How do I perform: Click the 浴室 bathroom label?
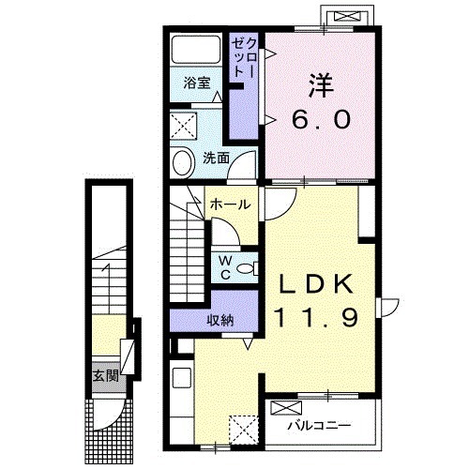pos(197,83)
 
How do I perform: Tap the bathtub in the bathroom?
pos(196,50)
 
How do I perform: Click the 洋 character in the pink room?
pos(321,85)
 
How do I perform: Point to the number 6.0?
pos(321,120)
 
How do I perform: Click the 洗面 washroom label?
pos(216,159)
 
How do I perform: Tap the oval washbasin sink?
pos(184,163)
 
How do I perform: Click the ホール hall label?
pos(231,204)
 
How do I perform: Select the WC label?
pos(225,267)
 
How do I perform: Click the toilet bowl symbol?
pos(248,268)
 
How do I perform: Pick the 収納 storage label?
pos(220,320)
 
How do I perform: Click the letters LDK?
pos(316,283)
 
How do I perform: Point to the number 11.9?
pos(316,318)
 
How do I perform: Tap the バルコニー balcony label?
pos(320,426)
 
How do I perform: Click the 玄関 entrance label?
pos(106,376)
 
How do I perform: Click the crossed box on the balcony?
pos(286,407)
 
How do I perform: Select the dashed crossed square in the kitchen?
pos(244,430)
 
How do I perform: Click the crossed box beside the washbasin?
pos(184,127)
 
